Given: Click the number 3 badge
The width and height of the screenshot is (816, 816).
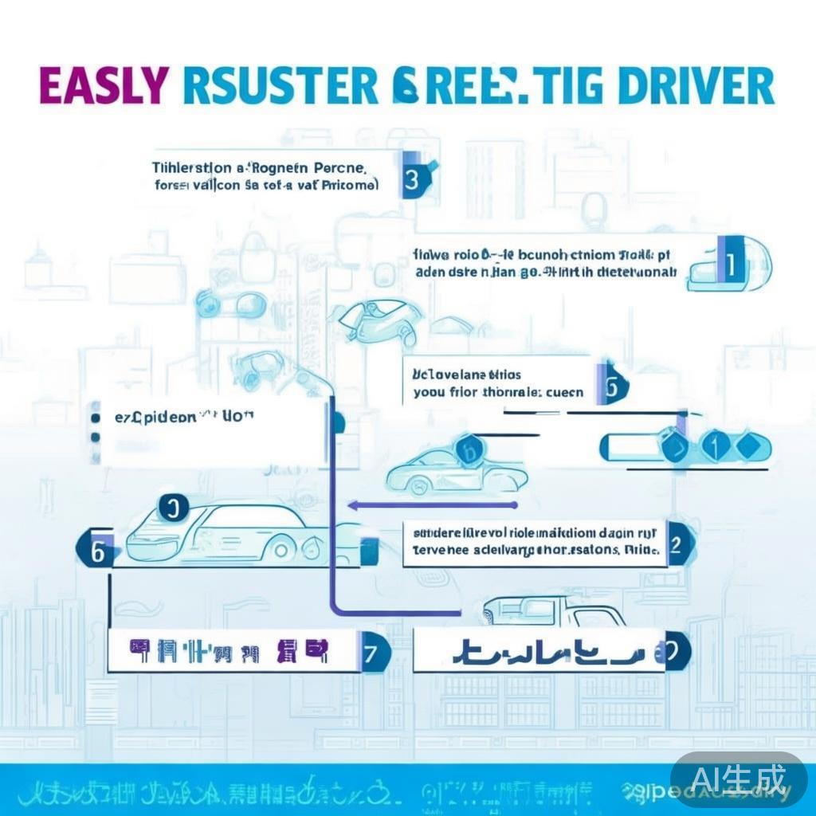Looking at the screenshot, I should click(412, 179).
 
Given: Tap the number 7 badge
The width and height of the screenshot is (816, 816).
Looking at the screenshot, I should click(370, 653).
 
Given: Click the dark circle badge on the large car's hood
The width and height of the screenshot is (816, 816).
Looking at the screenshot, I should click(174, 507).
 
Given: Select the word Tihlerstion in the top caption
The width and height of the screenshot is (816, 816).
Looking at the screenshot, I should click(192, 169).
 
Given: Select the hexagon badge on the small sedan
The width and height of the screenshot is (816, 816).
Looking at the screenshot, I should click(466, 452).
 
